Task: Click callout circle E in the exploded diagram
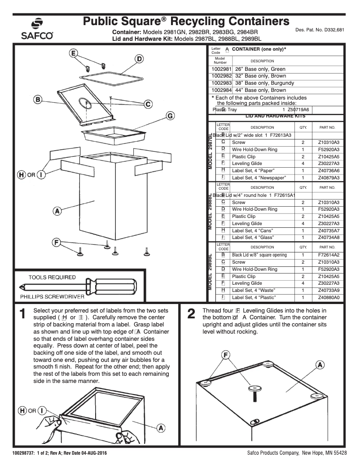click(73, 53)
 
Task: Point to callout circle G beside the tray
click(171, 116)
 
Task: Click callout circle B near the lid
click(39, 99)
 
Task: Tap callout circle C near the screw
click(148, 104)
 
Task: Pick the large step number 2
click(191, 315)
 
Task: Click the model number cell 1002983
click(220, 83)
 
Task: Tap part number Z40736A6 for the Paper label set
click(329, 170)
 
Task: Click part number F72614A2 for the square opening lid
click(329, 255)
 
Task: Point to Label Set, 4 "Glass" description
click(253, 237)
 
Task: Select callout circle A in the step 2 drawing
click(320, 365)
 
